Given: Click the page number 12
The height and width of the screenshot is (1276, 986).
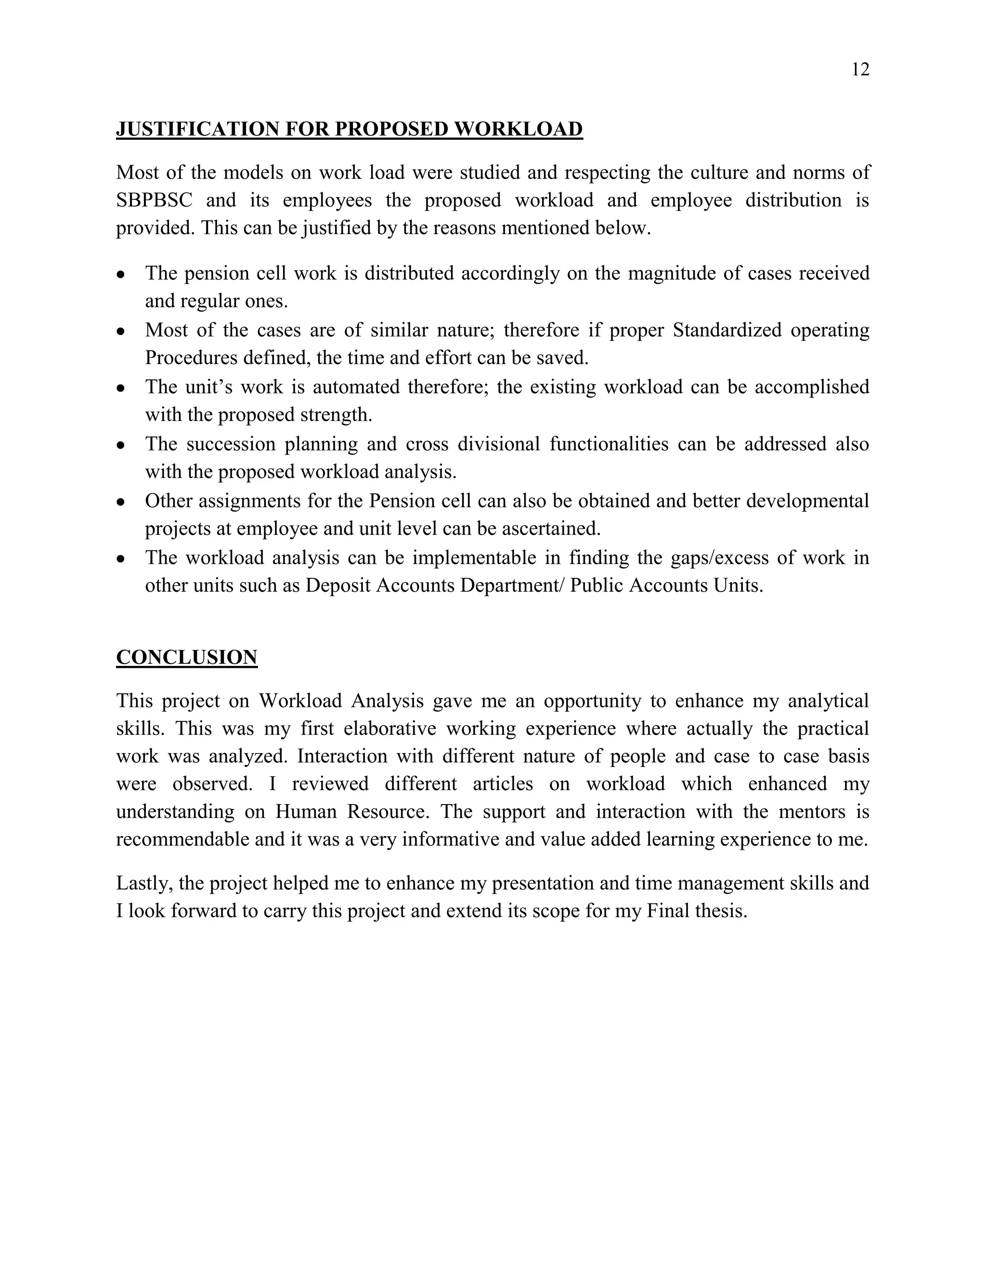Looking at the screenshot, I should coord(860,69).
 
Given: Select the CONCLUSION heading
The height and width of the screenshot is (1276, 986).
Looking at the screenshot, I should coord(186,657).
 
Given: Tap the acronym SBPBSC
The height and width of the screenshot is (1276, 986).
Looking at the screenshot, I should coord(154,200).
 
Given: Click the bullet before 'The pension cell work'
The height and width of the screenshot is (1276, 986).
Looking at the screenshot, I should coord(121,274).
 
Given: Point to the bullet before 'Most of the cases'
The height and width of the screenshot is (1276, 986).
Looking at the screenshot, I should coord(121,331).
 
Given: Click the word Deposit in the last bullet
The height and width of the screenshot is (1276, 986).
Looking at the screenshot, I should coord(337,586).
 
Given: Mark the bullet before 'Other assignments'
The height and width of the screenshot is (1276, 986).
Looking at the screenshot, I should coord(121,502).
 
